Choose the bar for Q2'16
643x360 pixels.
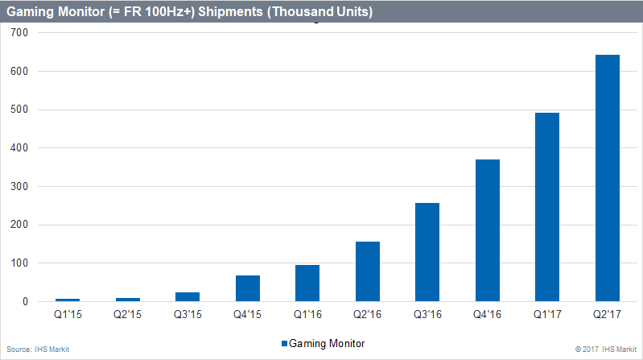pos(367,271)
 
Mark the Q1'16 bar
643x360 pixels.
pos(307,283)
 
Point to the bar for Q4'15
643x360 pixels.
pos(247,288)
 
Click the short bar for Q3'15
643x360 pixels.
pos(188,296)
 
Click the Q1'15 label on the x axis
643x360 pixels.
pos(68,316)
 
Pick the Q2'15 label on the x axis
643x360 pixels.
pos(127,316)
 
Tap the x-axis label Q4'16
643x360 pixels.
pos(487,316)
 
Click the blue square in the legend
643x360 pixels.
pos(284,343)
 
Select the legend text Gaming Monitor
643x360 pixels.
pos(326,343)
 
